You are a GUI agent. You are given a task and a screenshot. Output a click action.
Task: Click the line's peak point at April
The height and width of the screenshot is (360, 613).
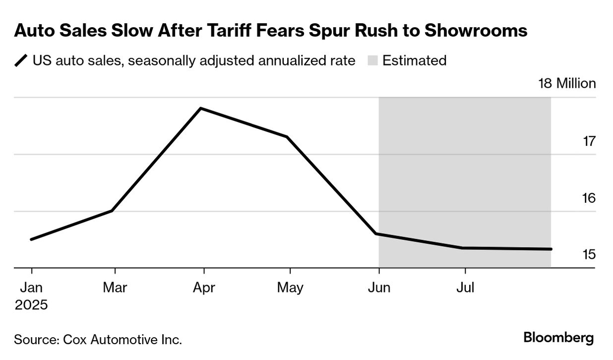[x=200, y=108]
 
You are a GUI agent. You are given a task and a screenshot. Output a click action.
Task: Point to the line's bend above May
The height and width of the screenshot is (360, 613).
[x=287, y=137]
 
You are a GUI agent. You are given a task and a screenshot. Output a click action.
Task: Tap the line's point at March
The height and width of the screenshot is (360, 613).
[x=112, y=211]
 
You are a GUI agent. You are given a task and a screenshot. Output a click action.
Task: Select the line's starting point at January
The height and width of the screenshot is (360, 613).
[x=31, y=240]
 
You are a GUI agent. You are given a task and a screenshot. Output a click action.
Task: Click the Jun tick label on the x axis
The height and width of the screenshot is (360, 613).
[x=379, y=288]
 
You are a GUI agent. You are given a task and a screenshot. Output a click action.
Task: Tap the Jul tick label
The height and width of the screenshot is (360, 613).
[x=465, y=288]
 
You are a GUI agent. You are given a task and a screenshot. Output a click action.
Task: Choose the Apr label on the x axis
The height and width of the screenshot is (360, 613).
[x=203, y=288]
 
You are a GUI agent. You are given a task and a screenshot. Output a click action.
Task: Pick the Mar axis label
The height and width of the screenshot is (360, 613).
[x=115, y=288]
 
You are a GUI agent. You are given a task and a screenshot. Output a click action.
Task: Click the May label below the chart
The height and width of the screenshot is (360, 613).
[x=290, y=288]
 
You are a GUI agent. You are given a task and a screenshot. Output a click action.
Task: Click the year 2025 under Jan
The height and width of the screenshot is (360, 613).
[x=31, y=304]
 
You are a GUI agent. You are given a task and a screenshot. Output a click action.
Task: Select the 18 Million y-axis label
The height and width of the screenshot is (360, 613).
[x=567, y=83]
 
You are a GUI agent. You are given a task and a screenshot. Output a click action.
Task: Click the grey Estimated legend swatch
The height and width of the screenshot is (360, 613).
[x=372, y=61]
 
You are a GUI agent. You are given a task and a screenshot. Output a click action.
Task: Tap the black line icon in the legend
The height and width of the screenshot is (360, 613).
[x=21, y=61]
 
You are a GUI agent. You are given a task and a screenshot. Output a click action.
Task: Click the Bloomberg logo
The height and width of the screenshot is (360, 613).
[x=558, y=339]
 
